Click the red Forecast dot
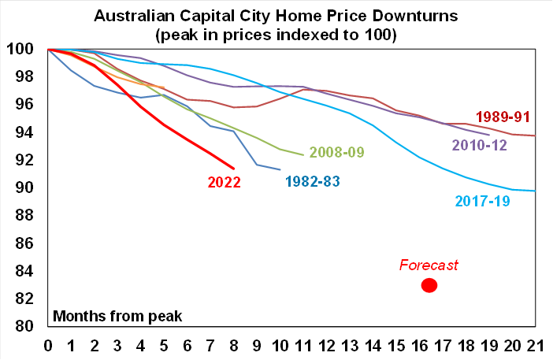[429, 285]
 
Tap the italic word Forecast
[429, 265]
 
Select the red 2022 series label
[224, 182]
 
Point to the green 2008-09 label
[336, 151]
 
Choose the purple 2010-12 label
[479, 145]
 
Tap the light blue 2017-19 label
[483, 201]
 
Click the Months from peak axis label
[117, 317]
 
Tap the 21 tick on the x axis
[535, 346]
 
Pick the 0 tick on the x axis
[48, 346]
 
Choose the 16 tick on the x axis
[419, 346]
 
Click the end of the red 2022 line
[233, 168]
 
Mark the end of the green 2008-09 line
[303, 154]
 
